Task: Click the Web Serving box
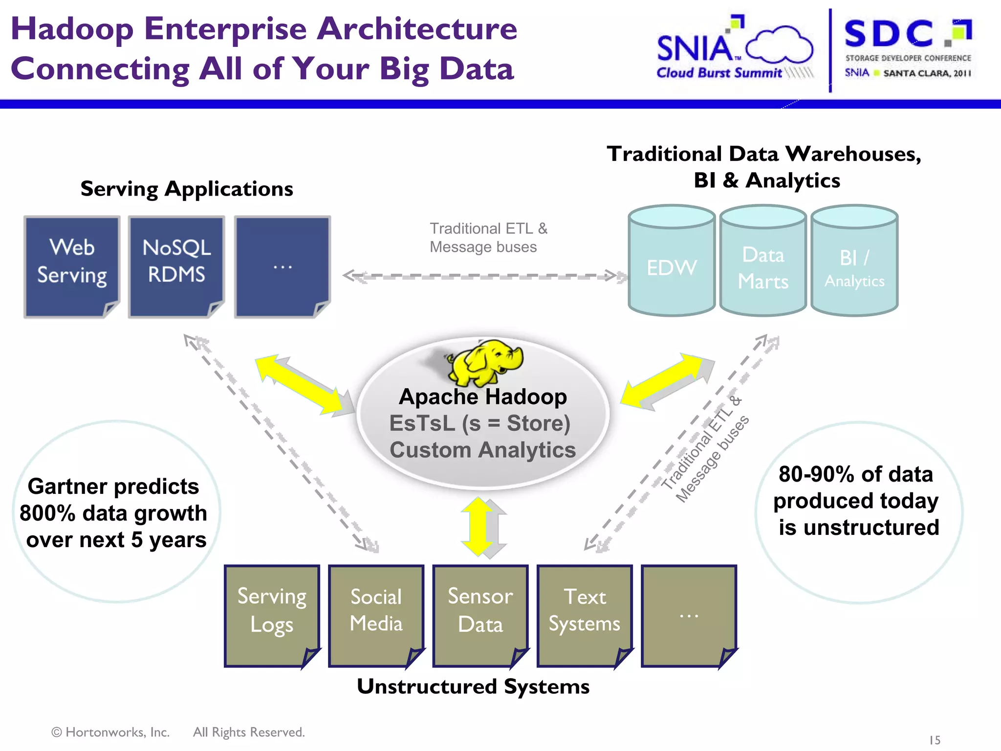[72, 266]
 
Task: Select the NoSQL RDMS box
[176, 266]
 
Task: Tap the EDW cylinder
[672, 266]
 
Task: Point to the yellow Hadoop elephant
[486, 362]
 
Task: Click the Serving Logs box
[272, 615]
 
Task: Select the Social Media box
[376, 615]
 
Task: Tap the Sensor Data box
[480, 615]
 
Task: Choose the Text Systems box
[585, 615]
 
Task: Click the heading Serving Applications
[187, 189]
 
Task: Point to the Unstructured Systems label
[473, 686]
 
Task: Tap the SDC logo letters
[889, 34]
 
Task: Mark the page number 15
[935, 740]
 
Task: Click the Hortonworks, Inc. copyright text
[110, 732]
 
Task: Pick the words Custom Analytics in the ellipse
[482, 450]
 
